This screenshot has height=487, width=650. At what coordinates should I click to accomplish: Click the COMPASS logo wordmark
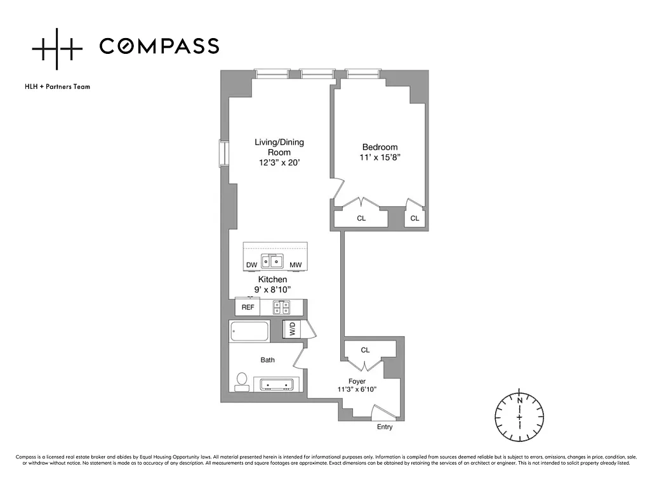pyautogui.click(x=159, y=46)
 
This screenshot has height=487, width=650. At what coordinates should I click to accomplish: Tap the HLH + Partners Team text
pyautogui.click(x=58, y=86)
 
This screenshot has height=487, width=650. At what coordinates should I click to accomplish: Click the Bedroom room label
pyautogui.click(x=380, y=147)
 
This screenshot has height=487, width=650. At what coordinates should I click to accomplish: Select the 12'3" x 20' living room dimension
pyautogui.click(x=279, y=163)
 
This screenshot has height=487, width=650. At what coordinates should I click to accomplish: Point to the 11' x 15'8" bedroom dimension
pyautogui.click(x=380, y=157)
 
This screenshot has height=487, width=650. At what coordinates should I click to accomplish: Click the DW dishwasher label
pyautogui.click(x=251, y=265)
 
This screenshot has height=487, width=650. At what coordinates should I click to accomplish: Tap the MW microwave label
pyautogui.click(x=296, y=265)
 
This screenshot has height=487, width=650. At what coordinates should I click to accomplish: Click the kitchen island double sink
pyautogui.click(x=272, y=261)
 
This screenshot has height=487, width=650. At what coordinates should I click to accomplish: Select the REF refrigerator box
pyautogui.click(x=248, y=307)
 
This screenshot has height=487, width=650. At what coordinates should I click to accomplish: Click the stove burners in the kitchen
pyautogui.click(x=282, y=308)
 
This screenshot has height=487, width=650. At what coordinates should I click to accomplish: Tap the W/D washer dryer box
pyautogui.click(x=292, y=329)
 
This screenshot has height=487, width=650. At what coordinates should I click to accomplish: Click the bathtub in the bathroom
pyautogui.click(x=249, y=331)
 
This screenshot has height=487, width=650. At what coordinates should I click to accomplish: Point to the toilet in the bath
pyautogui.click(x=242, y=382)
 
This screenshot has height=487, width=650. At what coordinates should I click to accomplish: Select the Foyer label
pyautogui.click(x=357, y=381)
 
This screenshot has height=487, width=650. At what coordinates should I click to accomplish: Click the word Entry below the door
pyautogui.click(x=385, y=427)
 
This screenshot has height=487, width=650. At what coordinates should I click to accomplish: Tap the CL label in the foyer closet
pyautogui.click(x=365, y=350)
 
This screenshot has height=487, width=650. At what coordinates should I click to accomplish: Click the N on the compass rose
pyautogui.click(x=519, y=401)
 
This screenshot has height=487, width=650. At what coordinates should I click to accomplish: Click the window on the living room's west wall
pyautogui.click(x=224, y=153)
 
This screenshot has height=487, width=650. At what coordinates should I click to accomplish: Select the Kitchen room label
pyautogui.click(x=272, y=280)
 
